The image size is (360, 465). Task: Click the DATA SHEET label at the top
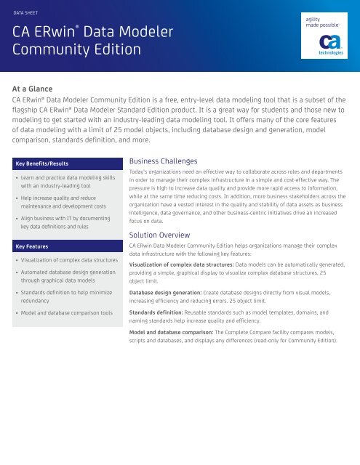pyautogui.click(x=38, y=12)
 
